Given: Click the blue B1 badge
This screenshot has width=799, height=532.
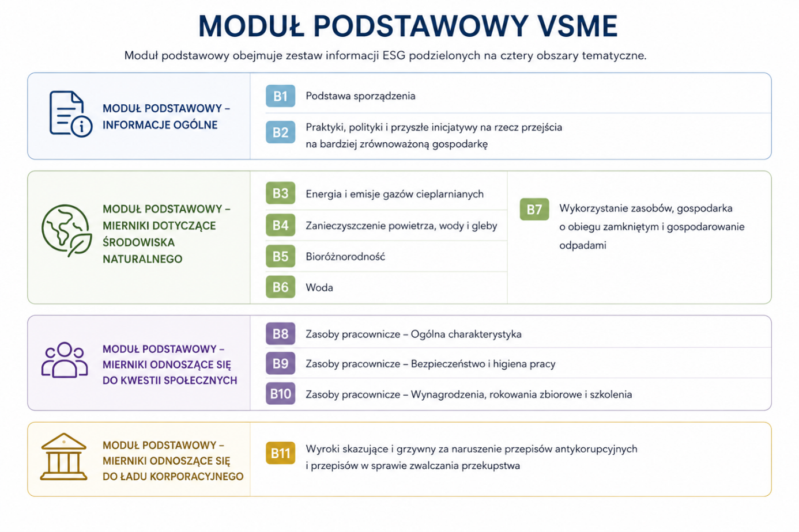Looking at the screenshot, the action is pyautogui.click(x=280, y=96).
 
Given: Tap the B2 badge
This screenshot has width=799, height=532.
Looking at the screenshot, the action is pyautogui.click(x=280, y=132).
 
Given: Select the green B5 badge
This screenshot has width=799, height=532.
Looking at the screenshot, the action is pyautogui.click(x=280, y=256).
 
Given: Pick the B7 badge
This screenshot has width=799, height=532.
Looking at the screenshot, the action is pyautogui.click(x=534, y=209).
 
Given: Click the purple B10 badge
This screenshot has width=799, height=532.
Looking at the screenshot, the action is pyautogui.click(x=280, y=394).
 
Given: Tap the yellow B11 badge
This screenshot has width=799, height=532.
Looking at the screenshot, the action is pyautogui.click(x=280, y=453).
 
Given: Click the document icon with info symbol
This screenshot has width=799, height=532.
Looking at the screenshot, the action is pyautogui.click(x=71, y=114).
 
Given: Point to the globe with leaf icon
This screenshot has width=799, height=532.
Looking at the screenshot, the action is pyautogui.click(x=67, y=230).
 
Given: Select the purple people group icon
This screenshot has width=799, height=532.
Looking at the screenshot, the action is pyautogui.click(x=65, y=360).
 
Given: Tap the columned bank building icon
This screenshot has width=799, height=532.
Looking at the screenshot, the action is pyautogui.click(x=64, y=457).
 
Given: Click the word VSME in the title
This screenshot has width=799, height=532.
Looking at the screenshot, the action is pyautogui.click(x=578, y=26).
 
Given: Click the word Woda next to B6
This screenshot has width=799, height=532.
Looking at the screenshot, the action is pyautogui.click(x=319, y=287).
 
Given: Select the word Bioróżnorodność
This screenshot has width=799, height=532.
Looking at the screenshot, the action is pyautogui.click(x=345, y=257).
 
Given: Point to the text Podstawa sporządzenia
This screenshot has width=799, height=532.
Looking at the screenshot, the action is pyautogui.click(x=361, y=96).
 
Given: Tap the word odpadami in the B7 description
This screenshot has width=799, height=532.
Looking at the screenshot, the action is pyautogui.click(x=583, y=245).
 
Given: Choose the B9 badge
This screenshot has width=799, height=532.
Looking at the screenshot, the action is pyautogui.click(x=280, y=363).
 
